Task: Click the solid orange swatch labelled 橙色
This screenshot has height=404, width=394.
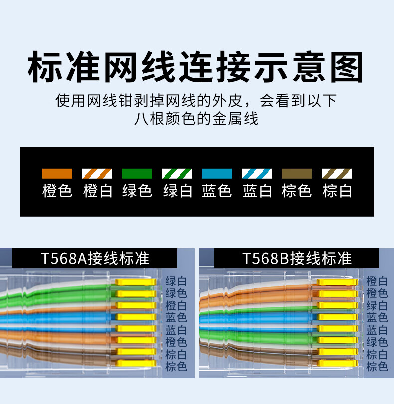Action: point(57,174)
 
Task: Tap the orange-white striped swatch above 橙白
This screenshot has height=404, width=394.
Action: point(97,174)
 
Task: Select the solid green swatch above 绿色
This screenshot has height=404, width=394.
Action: point(137,174)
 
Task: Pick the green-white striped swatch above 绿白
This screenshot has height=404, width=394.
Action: point(177,174)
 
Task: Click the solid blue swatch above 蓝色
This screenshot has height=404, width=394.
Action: point(217,174)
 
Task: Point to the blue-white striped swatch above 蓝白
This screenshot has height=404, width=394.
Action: point(257,174)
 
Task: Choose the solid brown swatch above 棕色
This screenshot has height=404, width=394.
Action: point(297,174)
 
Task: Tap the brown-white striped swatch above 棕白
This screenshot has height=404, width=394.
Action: point(337,174)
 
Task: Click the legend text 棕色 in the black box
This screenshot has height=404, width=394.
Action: point(297,191)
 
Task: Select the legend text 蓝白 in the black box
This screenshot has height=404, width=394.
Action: point(257,191)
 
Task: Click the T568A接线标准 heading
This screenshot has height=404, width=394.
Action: point(95,258)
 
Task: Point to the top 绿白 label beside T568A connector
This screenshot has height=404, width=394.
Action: point(176,281)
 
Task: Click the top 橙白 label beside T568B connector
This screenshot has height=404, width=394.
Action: point(377,281)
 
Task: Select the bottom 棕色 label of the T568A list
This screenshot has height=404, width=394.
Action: point(176,367)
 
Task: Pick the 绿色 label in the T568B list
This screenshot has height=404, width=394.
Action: point(377,342)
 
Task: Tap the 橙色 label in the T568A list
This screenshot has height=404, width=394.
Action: point(176,342)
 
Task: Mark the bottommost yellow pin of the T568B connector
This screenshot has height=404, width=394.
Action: point(337,363)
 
